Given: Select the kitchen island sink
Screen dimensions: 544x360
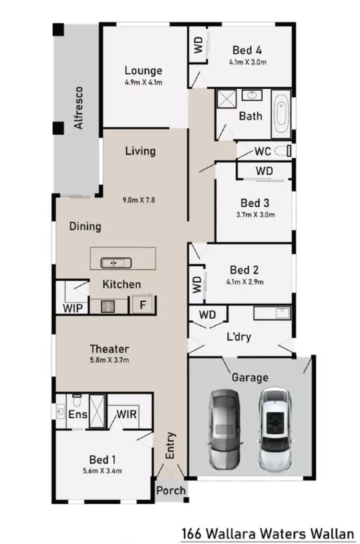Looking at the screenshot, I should (116, 262).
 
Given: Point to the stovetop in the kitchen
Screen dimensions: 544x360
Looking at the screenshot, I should (107, 306).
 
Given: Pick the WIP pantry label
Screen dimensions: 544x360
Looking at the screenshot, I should (72, 307).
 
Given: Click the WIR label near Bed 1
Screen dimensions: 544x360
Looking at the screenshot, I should (127, 413).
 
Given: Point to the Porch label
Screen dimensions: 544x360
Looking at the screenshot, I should (171, 490).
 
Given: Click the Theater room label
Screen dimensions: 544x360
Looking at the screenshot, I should (109, 349).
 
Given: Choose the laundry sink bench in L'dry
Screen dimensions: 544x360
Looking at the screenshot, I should (272, 314).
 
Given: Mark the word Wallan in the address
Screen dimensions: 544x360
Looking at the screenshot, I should (336, 533).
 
